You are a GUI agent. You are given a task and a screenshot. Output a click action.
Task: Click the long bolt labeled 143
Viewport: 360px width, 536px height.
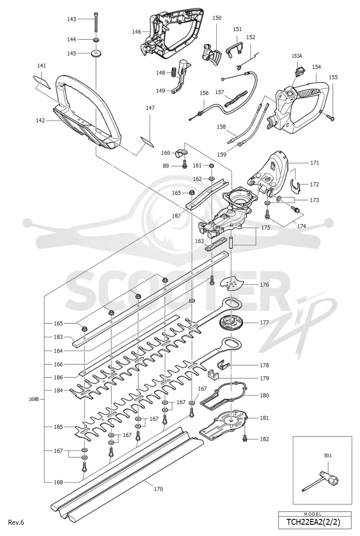click(x=96, y=23)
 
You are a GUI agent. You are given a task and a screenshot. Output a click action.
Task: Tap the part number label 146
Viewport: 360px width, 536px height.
click(x=137, y=32)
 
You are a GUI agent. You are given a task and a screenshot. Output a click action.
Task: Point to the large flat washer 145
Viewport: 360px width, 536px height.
click(x=96, y=53)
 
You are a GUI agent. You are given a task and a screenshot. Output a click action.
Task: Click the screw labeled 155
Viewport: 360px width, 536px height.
click(x=331, y=117)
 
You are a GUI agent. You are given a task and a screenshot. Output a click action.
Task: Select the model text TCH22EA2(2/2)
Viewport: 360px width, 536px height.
click(x=315, y=522)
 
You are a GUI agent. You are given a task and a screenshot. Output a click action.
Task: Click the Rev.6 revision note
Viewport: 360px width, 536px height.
click(x=16, y=522)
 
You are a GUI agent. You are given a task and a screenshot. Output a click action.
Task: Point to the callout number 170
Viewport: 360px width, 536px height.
click(x=158, y=489)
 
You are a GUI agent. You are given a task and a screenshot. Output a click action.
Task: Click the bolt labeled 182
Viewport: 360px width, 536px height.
click(x=245, y=438)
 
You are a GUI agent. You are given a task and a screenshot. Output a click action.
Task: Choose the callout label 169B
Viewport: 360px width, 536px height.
click(x=35, y=399)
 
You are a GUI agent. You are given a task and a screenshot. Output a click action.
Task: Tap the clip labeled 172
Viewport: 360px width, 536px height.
click(x=296, y=185)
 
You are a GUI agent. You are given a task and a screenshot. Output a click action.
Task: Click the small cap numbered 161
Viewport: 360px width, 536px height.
click(x=211, y=166)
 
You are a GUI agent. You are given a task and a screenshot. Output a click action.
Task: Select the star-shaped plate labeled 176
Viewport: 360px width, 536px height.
click(x=233, y=284)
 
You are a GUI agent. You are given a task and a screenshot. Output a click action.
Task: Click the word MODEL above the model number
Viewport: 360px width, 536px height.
click(x=312, y=514)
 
